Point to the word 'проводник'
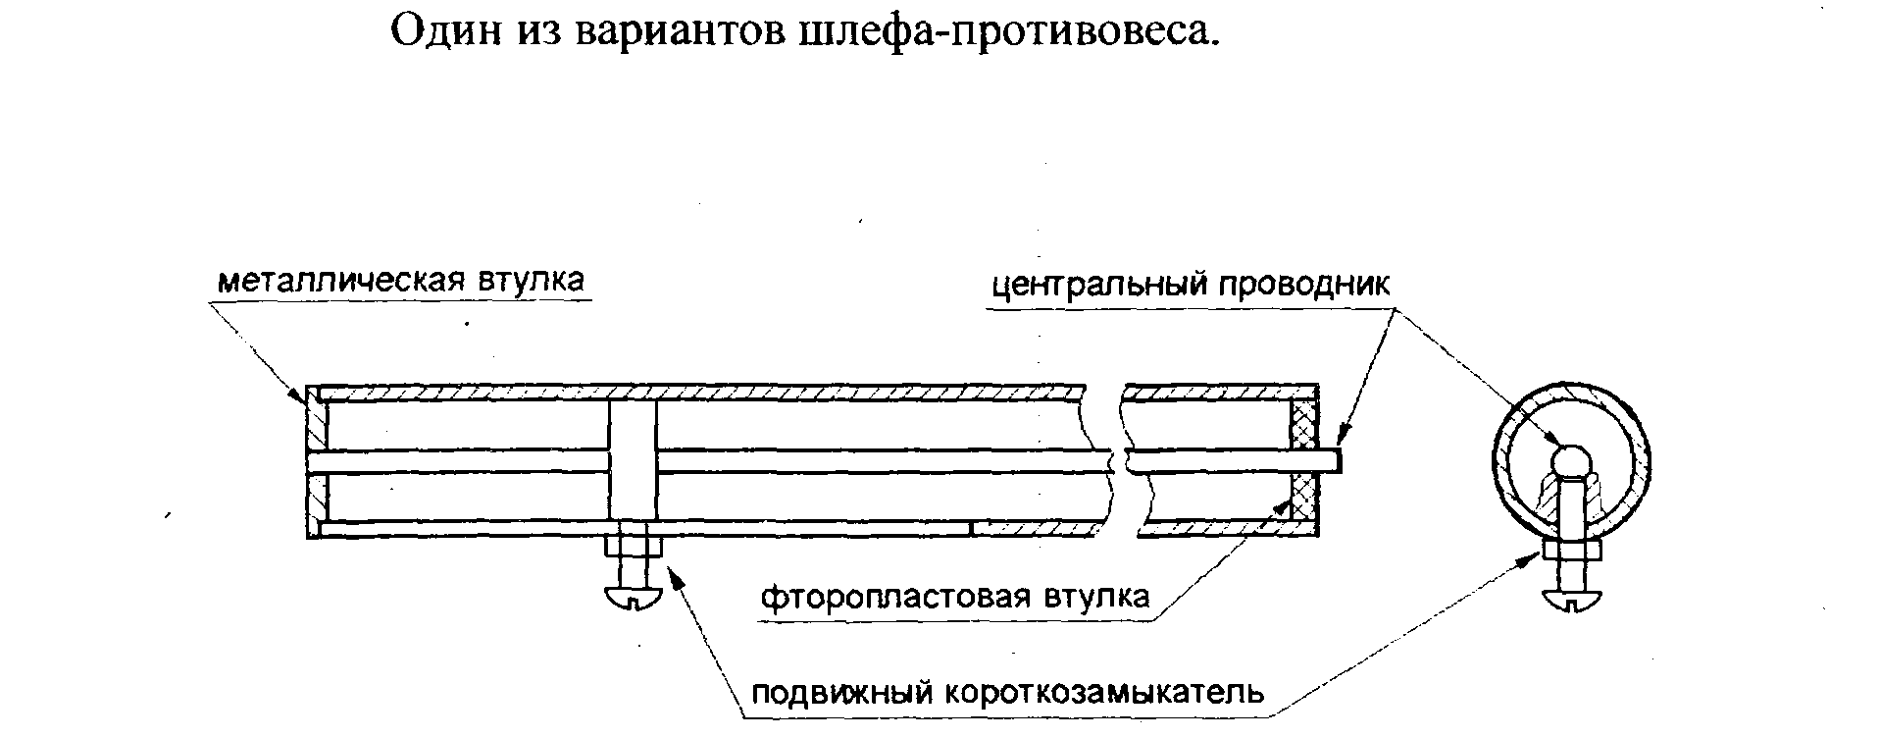pyautogui.click(x=1304, y=286)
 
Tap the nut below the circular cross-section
pyautogui.click(x=1573, y=550)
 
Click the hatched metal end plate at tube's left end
pyautogui.click(x=313, y=459)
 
